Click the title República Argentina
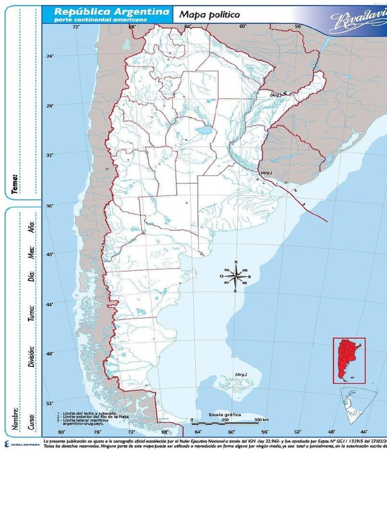[111, 11]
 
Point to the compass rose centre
[235, 276]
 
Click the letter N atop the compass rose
[235, 262]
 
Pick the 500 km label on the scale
[261, 419]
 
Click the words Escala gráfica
[225, 414]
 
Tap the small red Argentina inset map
[349, 360]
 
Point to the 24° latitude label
[50, 56]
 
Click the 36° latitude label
[50, 206]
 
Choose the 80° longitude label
[62, 432]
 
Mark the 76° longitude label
[97, 432]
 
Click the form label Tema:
[15, 184]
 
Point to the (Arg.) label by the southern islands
[241, 374]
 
